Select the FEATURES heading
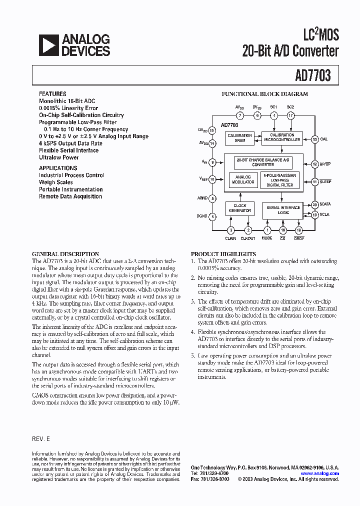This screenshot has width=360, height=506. (x=52, y=94)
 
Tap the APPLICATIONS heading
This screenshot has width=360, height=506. (x=58, y=168)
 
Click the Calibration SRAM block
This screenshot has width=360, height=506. (x=239, y=138)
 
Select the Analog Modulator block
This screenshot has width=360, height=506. (x=242, y=179)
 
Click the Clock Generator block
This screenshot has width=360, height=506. (x=239, y=208)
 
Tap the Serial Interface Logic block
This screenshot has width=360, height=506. (x=283, y=210)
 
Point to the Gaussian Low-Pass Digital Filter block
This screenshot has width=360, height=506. (x=279, y=179)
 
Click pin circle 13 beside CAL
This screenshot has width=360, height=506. (x=314, y=139)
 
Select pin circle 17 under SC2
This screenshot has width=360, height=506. (x=290, y=115)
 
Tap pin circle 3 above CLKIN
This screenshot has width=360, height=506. (x=230, y=230)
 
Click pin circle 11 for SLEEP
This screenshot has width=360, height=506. (x=314, y=182)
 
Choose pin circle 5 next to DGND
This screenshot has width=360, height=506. (x=212, y=216)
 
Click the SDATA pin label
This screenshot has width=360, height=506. (x=326, y=204)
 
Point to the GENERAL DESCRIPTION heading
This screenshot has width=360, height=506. (x=65, y=254)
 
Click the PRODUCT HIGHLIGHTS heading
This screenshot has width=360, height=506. (x=223, y=254)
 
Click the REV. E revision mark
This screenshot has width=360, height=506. (x=41, y=438)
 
